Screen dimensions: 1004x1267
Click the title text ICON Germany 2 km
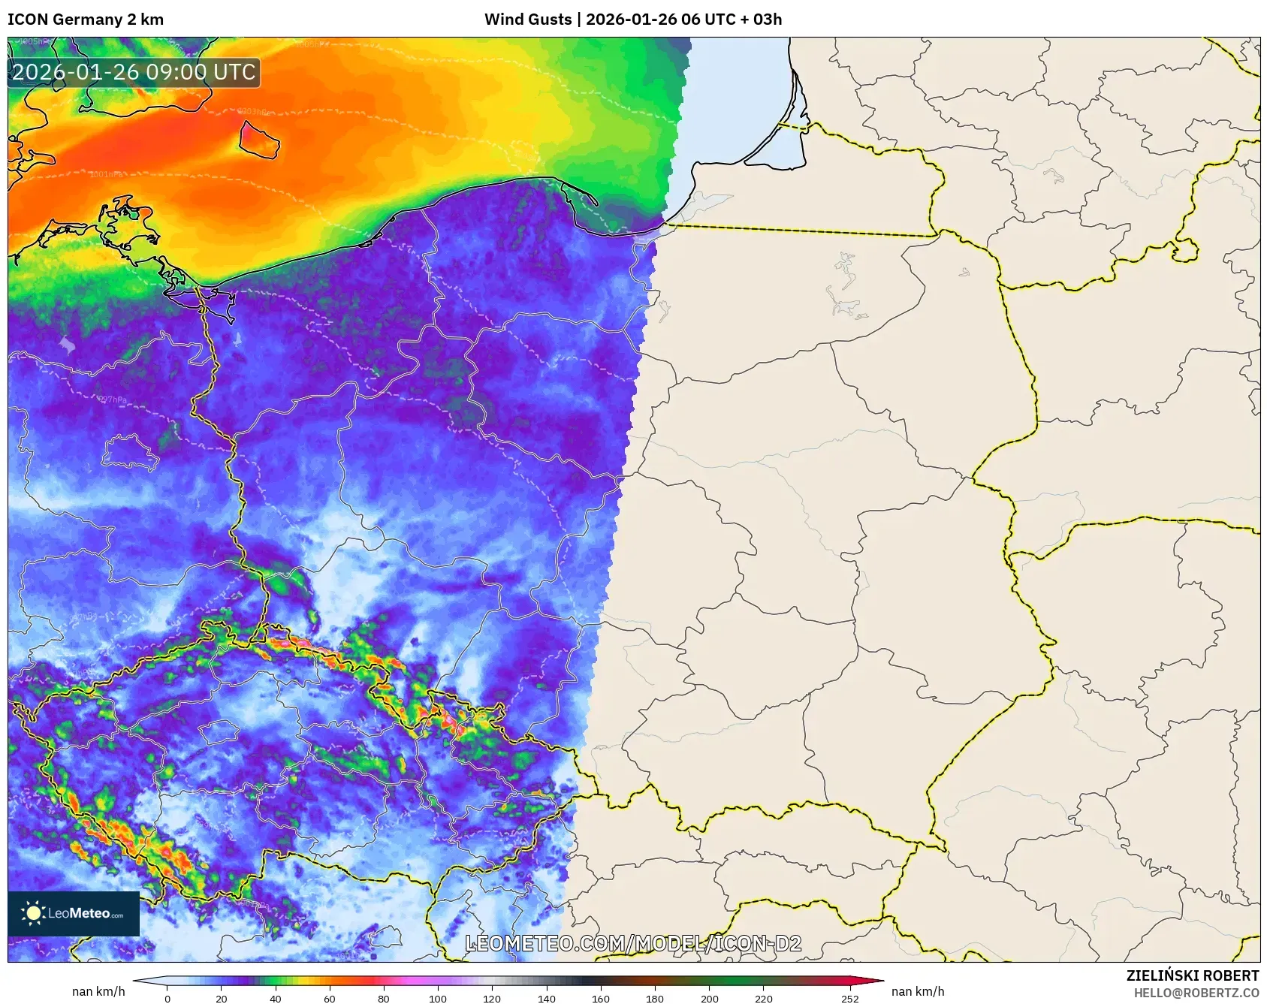(86, 20)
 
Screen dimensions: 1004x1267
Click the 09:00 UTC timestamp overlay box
(134, 73)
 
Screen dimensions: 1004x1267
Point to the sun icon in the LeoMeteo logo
(33, 913)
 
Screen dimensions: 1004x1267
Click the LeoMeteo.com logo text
(85, 914)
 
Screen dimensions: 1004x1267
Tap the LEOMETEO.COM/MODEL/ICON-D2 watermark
(633, 944)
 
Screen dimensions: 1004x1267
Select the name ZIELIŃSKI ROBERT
(1192, 975)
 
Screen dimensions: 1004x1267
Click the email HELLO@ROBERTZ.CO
(1196, 993)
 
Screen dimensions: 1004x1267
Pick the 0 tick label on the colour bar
(167, 999)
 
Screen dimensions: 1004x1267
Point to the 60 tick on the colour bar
(330, 999)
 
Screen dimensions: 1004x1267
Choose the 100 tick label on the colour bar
(438, 999)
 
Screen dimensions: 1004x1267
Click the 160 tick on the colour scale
(601, 999)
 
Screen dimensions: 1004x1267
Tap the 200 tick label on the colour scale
(709, 999)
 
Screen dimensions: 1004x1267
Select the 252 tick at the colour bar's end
(850, 999)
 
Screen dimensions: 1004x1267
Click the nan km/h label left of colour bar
(98, 991)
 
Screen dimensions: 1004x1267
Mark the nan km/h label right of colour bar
(918, 991)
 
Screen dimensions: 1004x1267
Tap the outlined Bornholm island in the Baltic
(259, 140)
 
